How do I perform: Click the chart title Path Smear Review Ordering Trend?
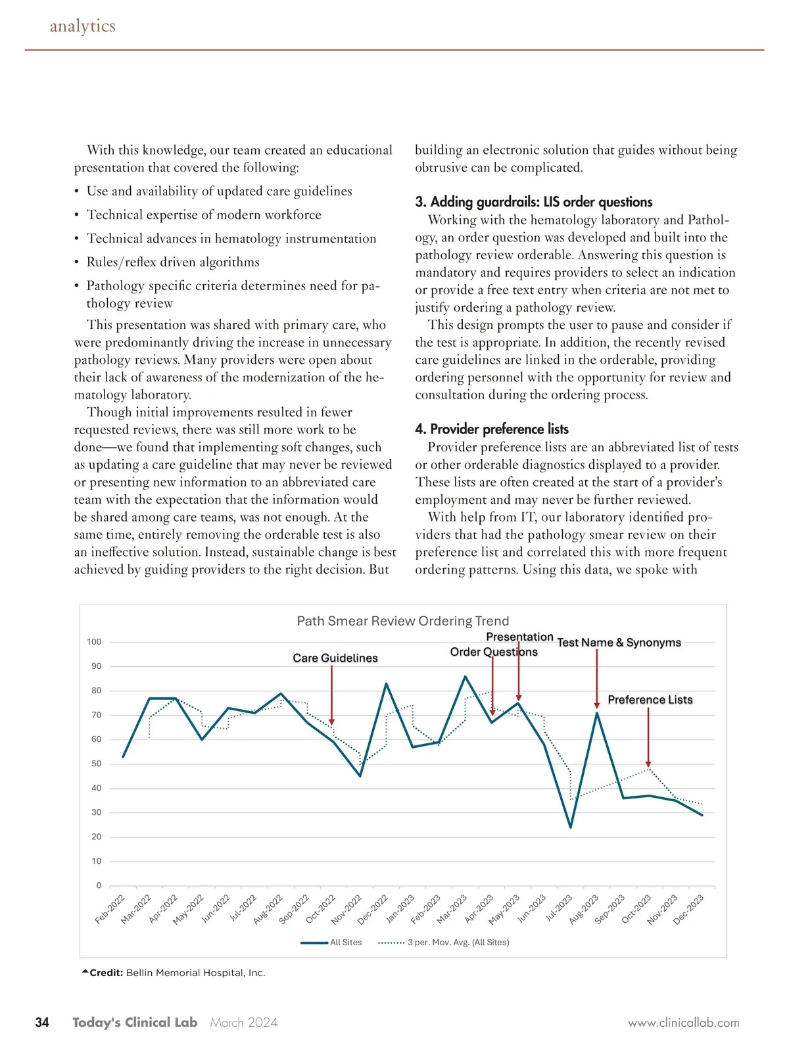(402, 621)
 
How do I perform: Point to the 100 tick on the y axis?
(94, 642)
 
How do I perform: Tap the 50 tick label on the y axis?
(96, 764)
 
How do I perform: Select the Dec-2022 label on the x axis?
(373, 910)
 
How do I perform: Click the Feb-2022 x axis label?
(110, 910)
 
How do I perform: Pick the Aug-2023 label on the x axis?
(584, 910)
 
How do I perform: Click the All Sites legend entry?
(345, 943)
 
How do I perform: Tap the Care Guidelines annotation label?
(335, 658)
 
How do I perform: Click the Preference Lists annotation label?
(650, 700)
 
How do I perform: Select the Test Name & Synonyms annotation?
(619, 643)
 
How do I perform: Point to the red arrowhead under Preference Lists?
(648, 764)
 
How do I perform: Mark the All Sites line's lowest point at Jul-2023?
(571, 827)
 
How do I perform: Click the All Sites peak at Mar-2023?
(465, 676)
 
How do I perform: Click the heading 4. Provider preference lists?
(491, 430)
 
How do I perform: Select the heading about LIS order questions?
(533, 202)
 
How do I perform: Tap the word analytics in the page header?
(83, 26)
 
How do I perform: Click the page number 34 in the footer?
(42, 1022)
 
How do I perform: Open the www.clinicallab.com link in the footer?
(683, 1023)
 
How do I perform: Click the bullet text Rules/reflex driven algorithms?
(173, 262)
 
